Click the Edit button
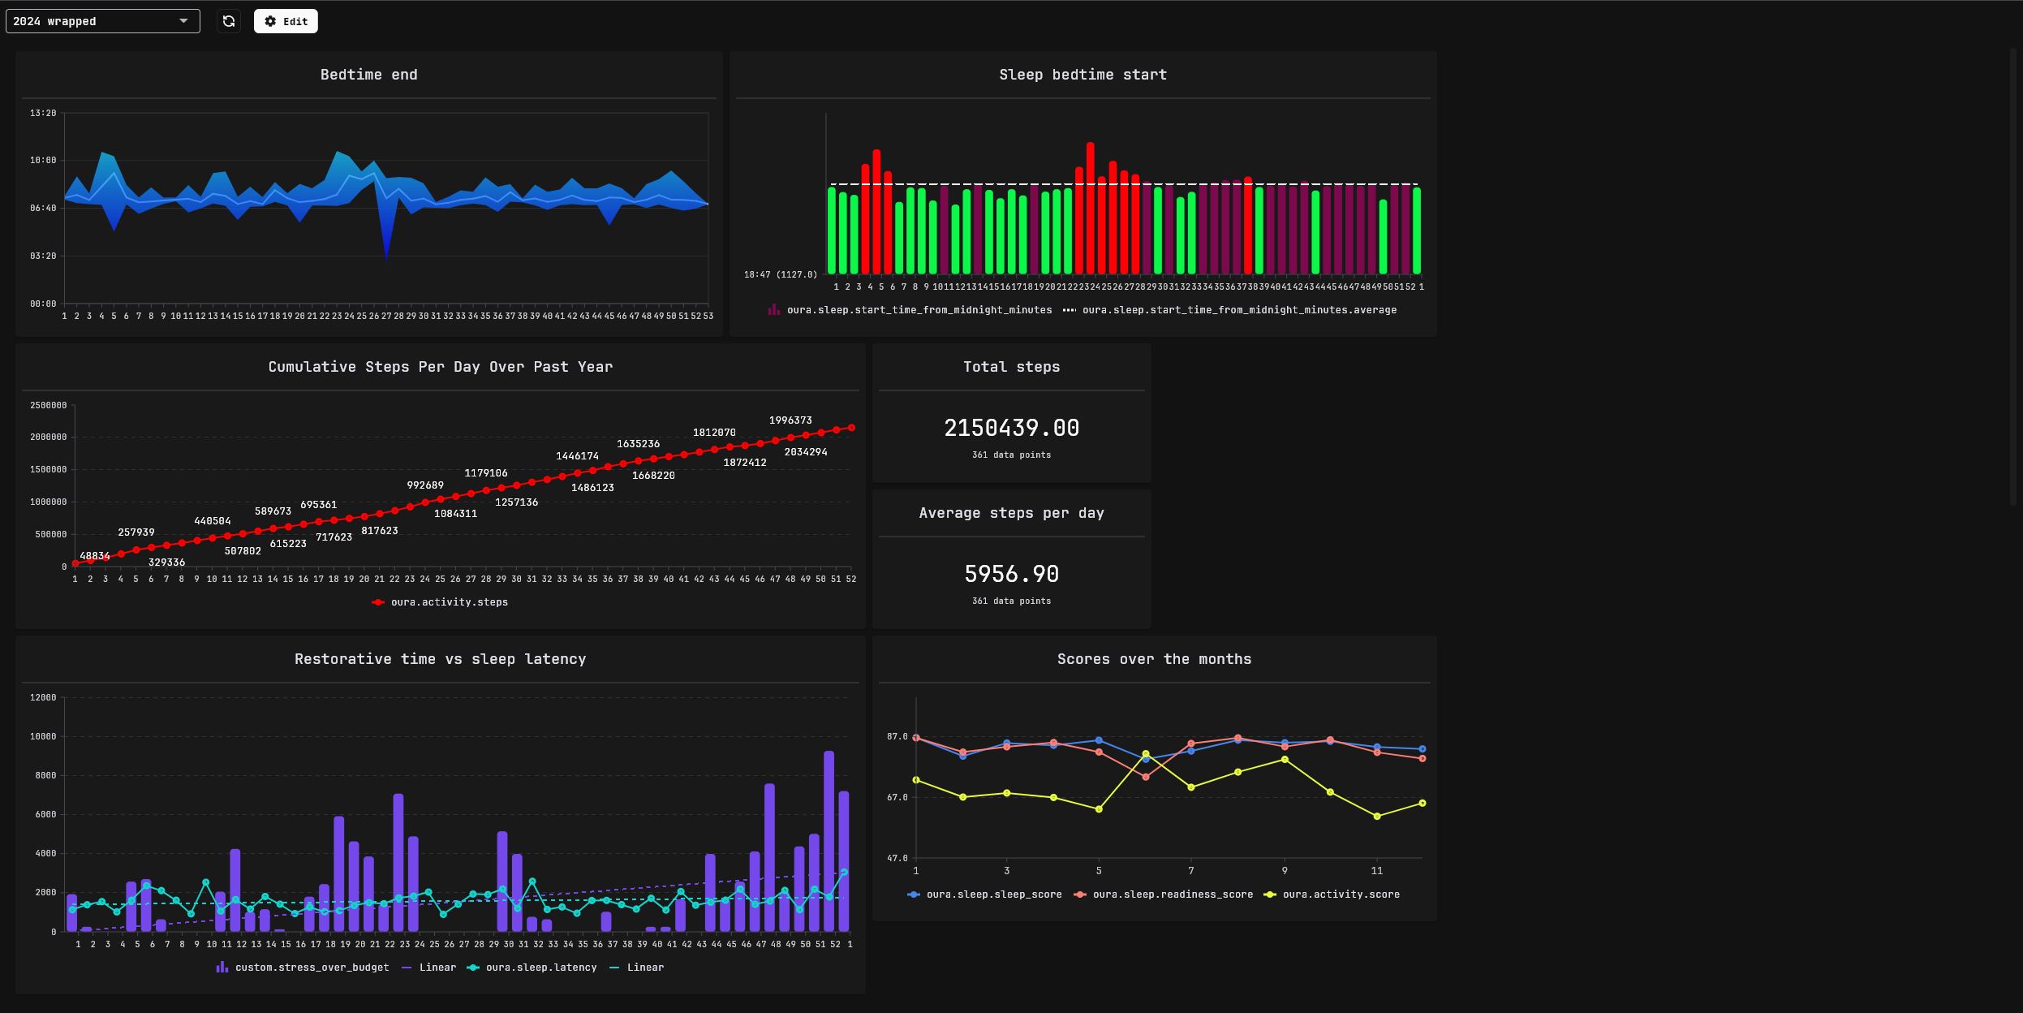coord(286,21)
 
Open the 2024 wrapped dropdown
coord(102,21)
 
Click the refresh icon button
coord(229,21)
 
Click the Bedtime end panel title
coord(368,75)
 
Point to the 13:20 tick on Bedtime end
coord(43,113)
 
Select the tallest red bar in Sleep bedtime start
coord(1090,207)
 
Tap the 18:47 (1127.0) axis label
coord(780,274)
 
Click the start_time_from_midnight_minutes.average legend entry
coord(1238,310)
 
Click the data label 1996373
coord(790,420)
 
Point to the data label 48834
coord(95,556)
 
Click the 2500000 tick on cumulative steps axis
coord(48,405)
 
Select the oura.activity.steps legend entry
coord(449,602)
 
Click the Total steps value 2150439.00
coord(1011,429)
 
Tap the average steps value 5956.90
coord(1011,575)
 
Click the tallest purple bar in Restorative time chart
coord(829,840)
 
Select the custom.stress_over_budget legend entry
coord(312,968)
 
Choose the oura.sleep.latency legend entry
coord(540,968)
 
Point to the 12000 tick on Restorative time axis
coord(43,697)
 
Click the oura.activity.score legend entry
coord(1340,894)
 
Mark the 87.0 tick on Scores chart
coord(897,736)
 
